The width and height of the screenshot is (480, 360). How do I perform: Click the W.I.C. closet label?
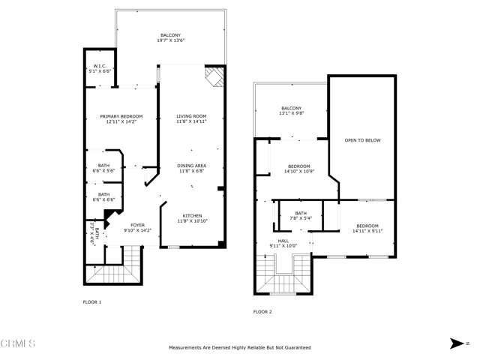click(x=100, y=66)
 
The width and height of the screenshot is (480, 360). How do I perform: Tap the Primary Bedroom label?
click(x=121, y=116)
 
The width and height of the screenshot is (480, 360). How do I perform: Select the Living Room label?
click(x=191, y=116)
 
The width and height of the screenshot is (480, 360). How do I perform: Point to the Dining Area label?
click(x=192, y=166)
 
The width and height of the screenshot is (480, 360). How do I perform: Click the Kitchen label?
click(x=192, y=215)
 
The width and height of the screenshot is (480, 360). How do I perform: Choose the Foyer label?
click(x=138, y=225)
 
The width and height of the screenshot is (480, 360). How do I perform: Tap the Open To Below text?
click(x=363, y=140)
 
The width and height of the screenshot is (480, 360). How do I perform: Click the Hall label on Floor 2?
click(x=283, y=241)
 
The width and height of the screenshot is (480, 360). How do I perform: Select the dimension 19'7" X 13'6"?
click(x=171, y=40)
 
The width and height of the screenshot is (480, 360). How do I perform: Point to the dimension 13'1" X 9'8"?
click(x=292, y=113)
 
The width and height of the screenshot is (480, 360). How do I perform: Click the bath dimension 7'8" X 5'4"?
click(x=301, y=218)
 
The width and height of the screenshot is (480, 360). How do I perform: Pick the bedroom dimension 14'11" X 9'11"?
click(x=367, y=231)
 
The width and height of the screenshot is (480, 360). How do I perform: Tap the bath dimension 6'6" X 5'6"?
click(x=103, y=170)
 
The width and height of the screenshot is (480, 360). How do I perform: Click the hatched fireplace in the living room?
click(x=214, y=76)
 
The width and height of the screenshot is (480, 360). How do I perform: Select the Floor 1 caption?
click(x=92, y=302)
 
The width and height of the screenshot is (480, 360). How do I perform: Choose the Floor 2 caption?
click(x=262, y=312)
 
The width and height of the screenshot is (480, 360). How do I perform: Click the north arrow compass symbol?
click(x=457, y=343)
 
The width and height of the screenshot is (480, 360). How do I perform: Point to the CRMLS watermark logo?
click(x=18, y=343)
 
